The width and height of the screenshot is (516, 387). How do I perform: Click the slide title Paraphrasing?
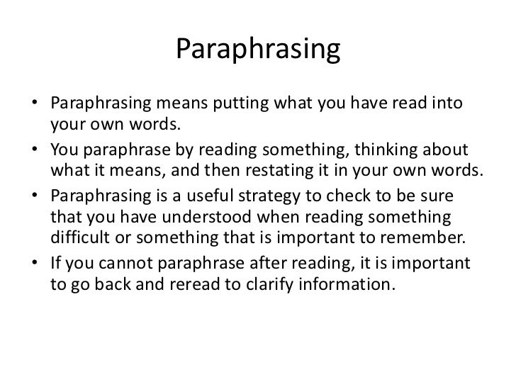pos(258,50)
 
